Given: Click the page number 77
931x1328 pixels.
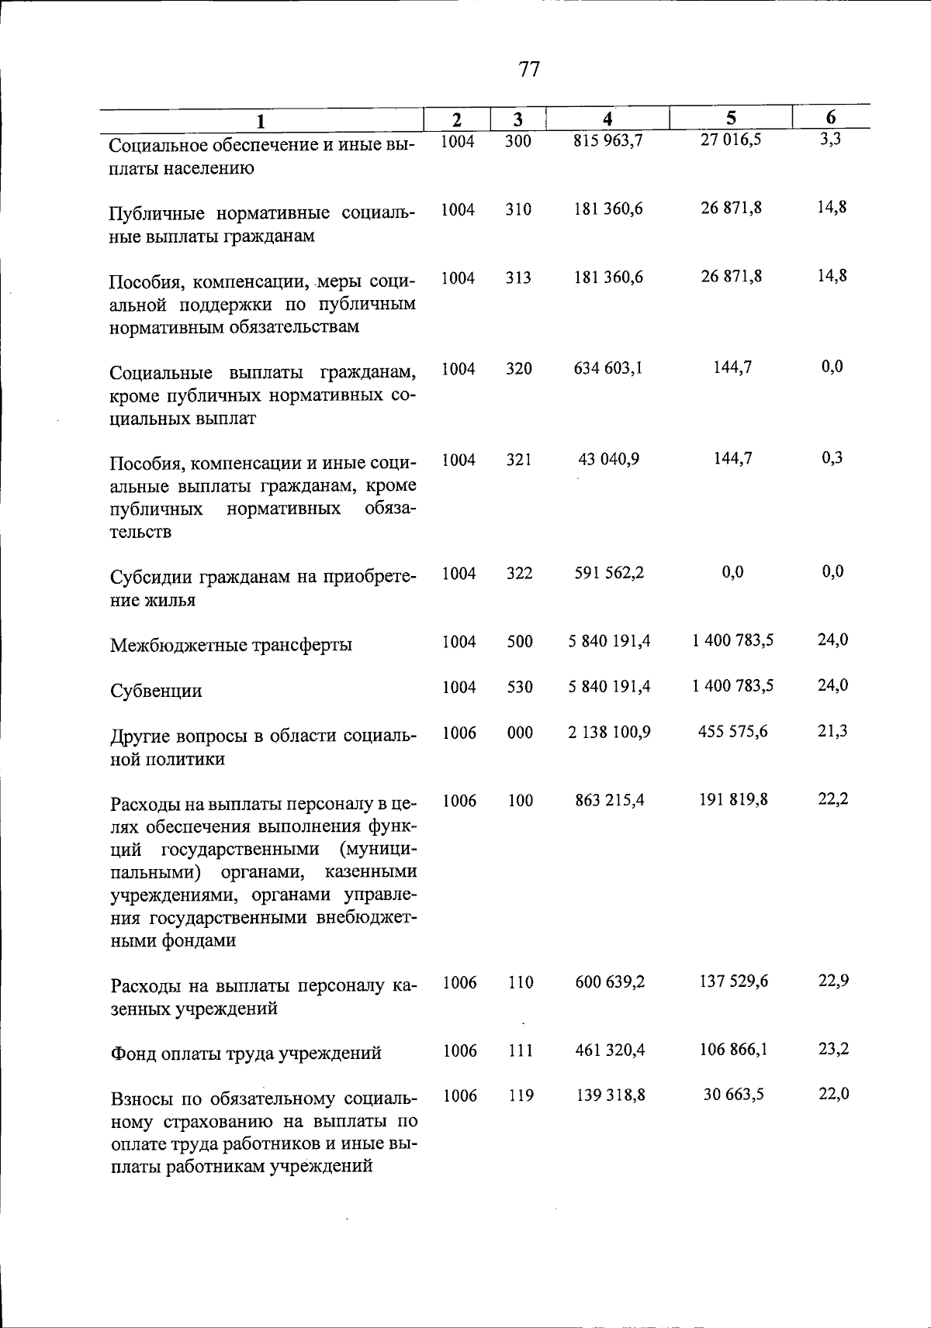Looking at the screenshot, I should coord(528,70).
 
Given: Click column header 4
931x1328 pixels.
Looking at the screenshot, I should coord(608,119).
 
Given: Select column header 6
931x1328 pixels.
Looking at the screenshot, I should coord(831,117).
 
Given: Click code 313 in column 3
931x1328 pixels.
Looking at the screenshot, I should coord(518,278).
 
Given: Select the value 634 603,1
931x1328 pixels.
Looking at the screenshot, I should coord(608,368).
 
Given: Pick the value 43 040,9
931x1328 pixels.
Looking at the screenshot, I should coord(608,459).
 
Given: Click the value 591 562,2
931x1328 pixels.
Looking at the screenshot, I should coord(608,573).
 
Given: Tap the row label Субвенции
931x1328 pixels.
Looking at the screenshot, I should coord(156,691).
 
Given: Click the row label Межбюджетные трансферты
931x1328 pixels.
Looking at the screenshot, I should coord(230,645).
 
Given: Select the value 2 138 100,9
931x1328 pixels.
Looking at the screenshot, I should coord(609,732).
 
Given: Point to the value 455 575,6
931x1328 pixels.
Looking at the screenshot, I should coord(732,732).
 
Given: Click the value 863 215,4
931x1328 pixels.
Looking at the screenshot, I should coord(609,800).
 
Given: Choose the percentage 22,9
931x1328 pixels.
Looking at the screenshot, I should coord(833,981).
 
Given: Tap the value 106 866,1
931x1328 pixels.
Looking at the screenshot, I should coord(732,1050).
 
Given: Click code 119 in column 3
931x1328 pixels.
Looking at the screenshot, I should coord(520,1095).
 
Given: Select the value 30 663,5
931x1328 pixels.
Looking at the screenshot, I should coord(732,1095).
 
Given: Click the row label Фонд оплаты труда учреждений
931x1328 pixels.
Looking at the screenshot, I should coord(246,1054).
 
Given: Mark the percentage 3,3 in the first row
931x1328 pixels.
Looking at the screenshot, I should coord(831,140).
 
